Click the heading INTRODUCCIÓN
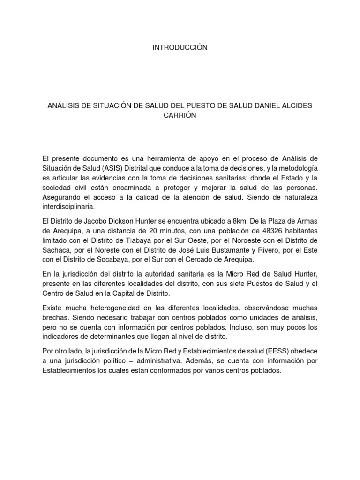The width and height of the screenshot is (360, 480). (180, 48)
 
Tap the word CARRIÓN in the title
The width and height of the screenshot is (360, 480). (180, 116)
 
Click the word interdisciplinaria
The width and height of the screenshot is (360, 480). (68, 206)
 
